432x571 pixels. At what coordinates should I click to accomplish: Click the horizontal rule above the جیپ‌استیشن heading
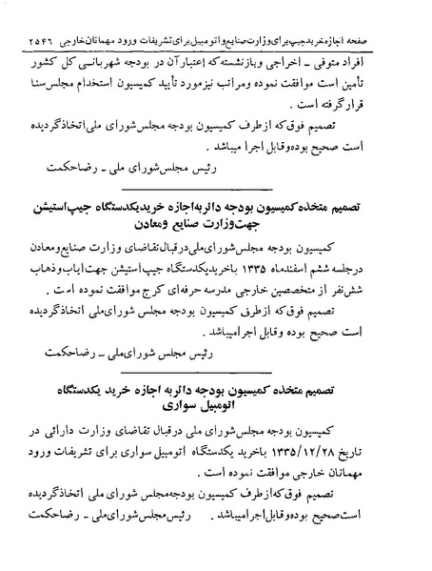pyautogui.click(x=216, y=192)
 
